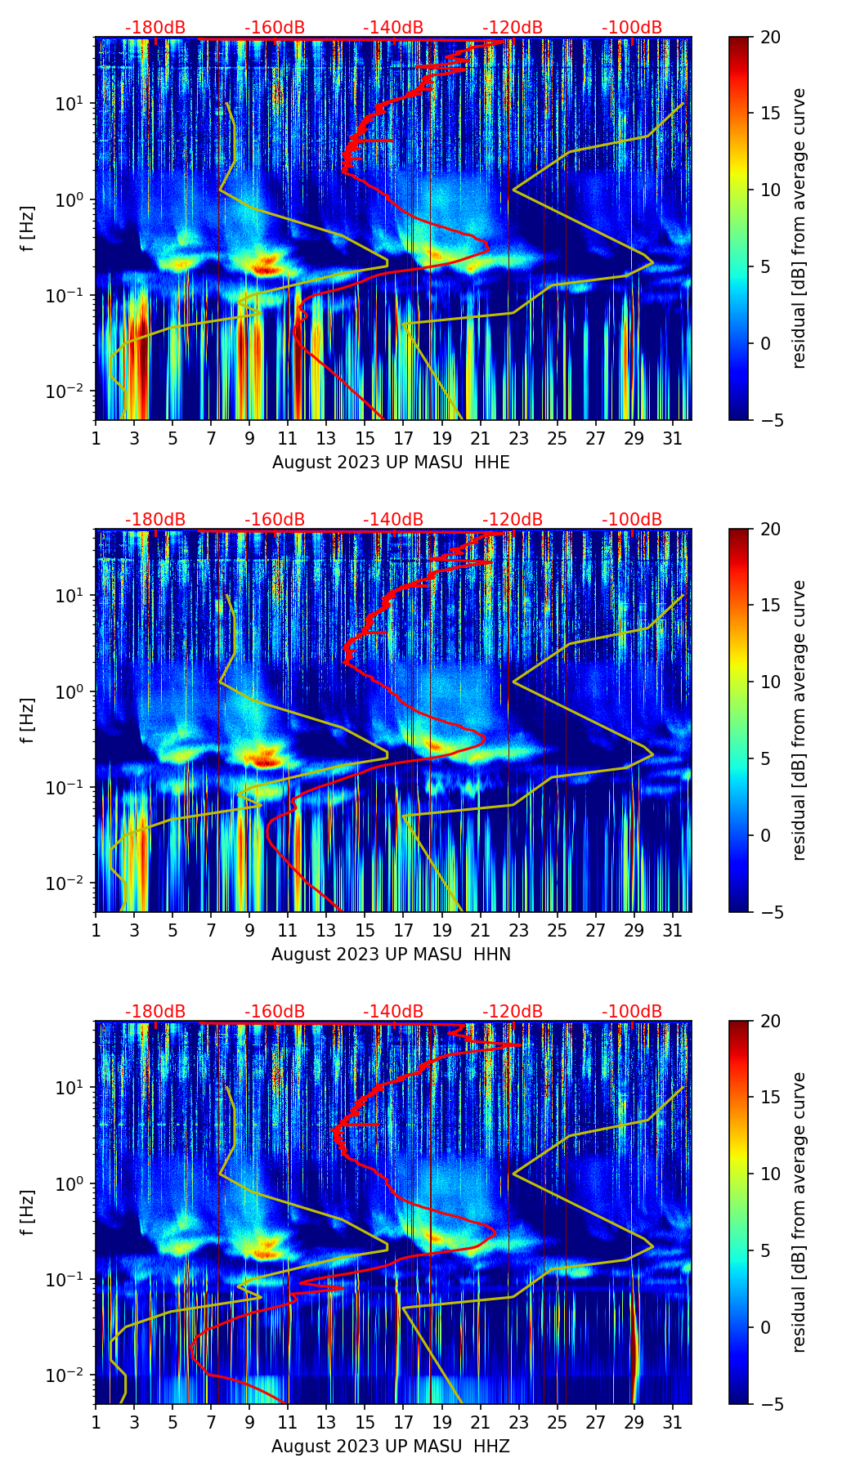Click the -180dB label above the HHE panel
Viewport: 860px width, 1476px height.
(155, 28)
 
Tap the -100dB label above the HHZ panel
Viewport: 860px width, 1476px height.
(632, 1012)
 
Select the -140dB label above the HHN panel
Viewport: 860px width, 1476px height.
(393, 520)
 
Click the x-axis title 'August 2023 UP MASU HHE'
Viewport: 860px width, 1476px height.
(391, 463)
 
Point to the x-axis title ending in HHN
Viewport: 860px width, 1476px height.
(391, 955)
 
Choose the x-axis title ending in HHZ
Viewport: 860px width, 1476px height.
(391, 1447)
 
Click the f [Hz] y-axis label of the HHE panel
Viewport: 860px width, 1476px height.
(28, 229)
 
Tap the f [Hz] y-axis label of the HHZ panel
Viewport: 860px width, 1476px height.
(28, 1213)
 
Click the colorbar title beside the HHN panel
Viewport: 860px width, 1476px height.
(799, 720)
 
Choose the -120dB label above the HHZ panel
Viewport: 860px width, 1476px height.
(513, 1012)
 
